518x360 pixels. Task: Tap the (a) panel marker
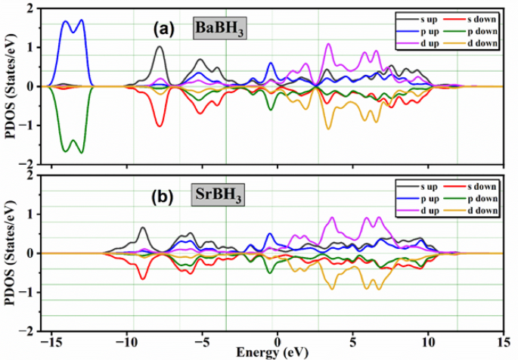tap(163, 29)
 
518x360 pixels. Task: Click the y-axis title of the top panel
tap(9, 85)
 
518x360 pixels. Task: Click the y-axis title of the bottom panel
tap(9, 253)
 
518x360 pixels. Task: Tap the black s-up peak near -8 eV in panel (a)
tap(160, 48)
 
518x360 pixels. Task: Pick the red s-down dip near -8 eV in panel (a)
tap(160, 125)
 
